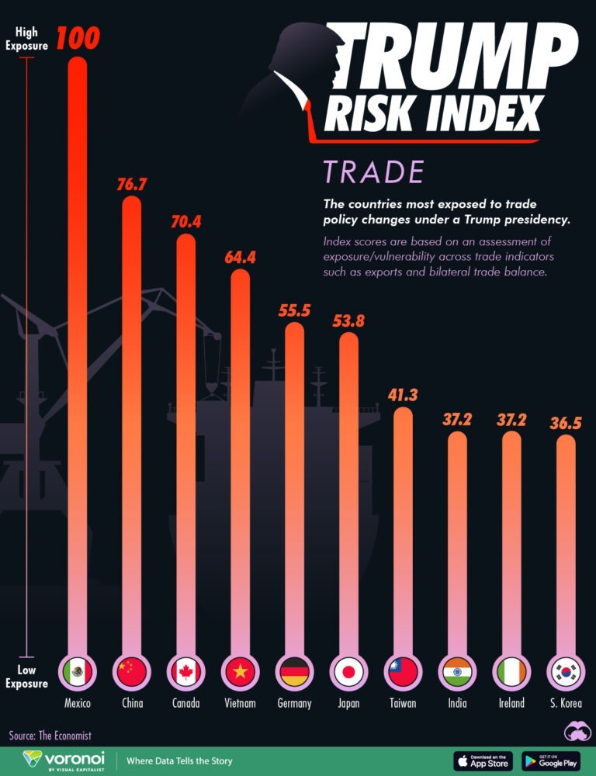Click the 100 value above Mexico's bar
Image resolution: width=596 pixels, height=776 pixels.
tap(78, 38)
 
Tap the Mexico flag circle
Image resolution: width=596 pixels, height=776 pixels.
tap(78, 670)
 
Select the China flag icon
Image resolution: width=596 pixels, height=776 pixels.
tap(131, 670)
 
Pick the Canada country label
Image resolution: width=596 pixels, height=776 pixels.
tap(185, 703)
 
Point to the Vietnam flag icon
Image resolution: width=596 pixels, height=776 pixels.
tap(240, 670)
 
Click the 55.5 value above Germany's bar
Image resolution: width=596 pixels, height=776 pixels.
tap(294, 310)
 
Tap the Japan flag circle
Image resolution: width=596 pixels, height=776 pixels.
tap(348, 670)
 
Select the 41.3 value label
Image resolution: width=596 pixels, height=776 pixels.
tap(403, 395)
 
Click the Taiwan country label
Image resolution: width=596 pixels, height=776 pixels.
tap(403, 703)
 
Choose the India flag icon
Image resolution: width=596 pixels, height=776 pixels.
tap(457, 670)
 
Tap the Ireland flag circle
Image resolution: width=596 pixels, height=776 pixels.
tap(511, 670)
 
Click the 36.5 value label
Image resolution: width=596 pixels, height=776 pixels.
tap(566, 423)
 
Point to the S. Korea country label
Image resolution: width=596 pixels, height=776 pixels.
tap(566, 703)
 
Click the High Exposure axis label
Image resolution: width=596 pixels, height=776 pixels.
tap(26, 39)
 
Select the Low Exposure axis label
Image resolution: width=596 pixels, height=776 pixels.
tap(26, 677)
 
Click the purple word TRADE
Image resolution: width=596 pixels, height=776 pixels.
tap(373, 171)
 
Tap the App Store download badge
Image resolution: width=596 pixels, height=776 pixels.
tap(483, 760)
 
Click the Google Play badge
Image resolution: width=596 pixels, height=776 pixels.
tap(551, 760)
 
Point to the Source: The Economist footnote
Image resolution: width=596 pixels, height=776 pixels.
tap(50, 735)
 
